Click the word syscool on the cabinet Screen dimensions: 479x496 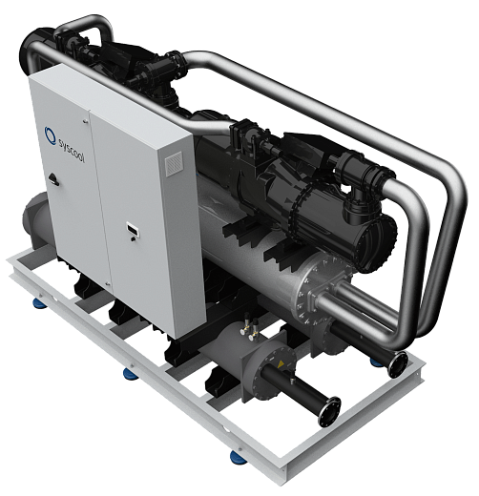(x=72, y=150)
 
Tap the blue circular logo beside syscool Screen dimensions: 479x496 (x=50, y=134)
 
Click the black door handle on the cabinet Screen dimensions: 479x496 (x=53, y=178)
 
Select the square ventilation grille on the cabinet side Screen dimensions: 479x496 (x=175, y=163)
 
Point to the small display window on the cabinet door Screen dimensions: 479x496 (x=133, y=229)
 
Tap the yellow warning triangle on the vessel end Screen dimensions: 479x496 (x=281, y=364)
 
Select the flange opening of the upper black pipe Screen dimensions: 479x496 (x=398, y=364)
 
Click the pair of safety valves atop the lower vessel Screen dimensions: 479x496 (x=250, y=326)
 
